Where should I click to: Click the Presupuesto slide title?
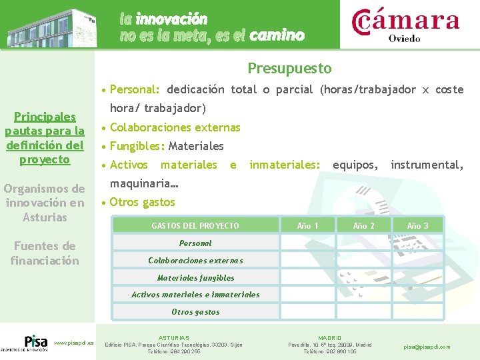(x=289, y=69)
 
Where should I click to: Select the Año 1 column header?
(x=307, y=226)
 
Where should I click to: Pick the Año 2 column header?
(x=363, y=226)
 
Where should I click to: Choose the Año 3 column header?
(x=417, y=226)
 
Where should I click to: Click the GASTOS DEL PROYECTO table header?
(x=195, y=226)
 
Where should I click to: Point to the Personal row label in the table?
(x=195, y=243)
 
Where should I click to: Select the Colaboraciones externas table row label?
(x=195, y=261)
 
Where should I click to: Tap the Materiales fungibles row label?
(x=195, y=278)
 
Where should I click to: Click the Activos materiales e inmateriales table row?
(x=195, y=295)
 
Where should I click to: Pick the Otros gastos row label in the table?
(x=195, y=312)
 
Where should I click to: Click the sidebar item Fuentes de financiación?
(x=45, y=253)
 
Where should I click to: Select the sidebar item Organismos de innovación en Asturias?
(x=45, y=203)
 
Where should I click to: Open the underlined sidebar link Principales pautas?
(x=45, y=138)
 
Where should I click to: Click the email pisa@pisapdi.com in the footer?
(x=427, y=347)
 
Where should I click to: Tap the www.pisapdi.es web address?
(x=73, y=343)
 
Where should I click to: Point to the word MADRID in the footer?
(x=330, y=338)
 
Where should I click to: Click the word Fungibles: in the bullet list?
(x=137, y=146)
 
